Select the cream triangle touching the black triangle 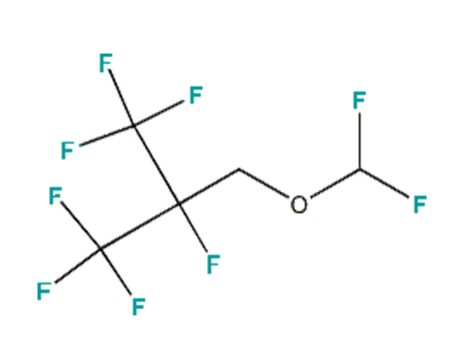[x=390, y=134]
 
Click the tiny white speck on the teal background [x=57, y=183]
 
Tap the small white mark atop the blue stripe [x=300, y=205]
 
